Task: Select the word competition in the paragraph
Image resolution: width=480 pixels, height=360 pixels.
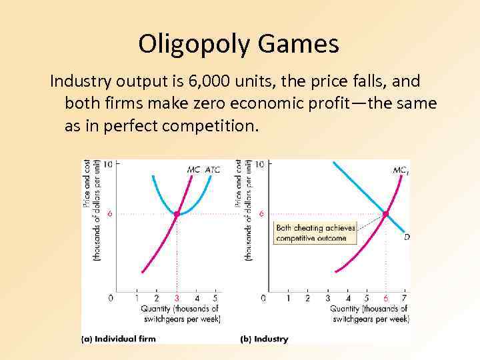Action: coord(213,125)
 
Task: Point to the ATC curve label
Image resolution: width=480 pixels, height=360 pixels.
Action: coord(212,169)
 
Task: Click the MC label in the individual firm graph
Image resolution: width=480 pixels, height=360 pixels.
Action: coord(193,169)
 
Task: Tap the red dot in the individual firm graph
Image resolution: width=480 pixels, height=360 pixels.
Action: coord(177,214)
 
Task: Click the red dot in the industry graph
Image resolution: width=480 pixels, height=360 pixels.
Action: coord(386,213)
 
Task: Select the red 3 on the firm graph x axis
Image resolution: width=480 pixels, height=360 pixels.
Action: coord(177,298)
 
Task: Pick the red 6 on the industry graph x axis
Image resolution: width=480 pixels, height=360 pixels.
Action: coord(386,298)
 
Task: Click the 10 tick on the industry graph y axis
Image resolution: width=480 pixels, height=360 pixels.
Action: coord(259,164)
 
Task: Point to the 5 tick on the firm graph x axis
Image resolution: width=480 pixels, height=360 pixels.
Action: coord(215,298)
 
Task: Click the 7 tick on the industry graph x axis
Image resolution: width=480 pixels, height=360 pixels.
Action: coord(405,298)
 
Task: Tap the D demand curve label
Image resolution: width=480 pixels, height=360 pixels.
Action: coord(407,237)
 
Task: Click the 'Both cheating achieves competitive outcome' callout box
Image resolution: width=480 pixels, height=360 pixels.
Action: coord(315,233)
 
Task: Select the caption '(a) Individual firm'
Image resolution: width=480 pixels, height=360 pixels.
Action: coord(119,339)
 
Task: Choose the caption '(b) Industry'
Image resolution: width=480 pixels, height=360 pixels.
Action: coord(264,339)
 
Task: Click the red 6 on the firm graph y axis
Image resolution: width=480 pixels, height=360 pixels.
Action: coord(109,214)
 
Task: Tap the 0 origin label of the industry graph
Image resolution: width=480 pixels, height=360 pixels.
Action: coord(263,298)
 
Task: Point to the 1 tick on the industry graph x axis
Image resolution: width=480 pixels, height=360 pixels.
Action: coord(288,298)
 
